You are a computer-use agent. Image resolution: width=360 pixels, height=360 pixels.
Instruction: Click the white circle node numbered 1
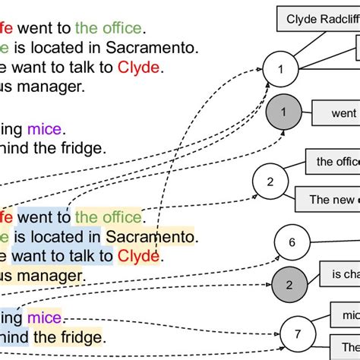coord(281,70)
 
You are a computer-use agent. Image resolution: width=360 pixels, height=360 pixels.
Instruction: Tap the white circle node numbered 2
coord(270,182)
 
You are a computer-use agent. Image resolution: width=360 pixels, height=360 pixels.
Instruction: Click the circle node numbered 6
coord(292,243)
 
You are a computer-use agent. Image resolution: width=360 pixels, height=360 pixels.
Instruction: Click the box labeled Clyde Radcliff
coord(320,18)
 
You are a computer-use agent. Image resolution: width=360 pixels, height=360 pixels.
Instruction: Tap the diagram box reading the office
coord(333,161)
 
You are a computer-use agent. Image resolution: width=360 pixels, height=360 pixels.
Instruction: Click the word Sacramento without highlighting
coord(152,48)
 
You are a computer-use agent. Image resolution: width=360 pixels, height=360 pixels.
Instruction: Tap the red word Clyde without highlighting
coord(139,67)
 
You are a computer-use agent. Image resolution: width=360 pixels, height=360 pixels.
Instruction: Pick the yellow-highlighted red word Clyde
coord(139,255)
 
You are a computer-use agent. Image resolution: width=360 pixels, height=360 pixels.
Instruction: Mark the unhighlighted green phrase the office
coord(109,29)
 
